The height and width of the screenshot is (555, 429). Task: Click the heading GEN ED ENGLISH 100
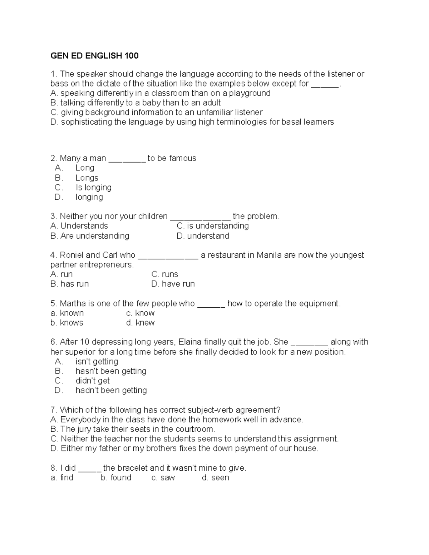[x=94, y=56]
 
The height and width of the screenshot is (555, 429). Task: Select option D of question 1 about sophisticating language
[x=192, y=122]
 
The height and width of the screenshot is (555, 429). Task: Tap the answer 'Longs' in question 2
[x=87, y=178]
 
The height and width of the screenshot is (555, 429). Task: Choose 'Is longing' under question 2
[x=93, y=188]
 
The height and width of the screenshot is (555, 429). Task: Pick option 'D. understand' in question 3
[x=203, y=236]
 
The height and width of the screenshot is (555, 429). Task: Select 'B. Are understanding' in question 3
[x=90, y=236]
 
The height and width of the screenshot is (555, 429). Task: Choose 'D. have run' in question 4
[x=173, y=284]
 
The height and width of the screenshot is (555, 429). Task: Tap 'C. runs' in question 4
[x=164, y=274]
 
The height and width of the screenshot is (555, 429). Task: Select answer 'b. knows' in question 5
[x=67, y=323]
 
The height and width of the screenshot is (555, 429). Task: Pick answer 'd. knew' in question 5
[x=140, y=323]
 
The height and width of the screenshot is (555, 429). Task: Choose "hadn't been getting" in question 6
[x=111, y=390]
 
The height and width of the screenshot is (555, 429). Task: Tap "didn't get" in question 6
[x=92, y=381]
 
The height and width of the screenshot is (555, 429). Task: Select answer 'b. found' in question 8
[x=116, y=478]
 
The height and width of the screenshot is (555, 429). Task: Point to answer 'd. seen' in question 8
[x=216, y=478]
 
